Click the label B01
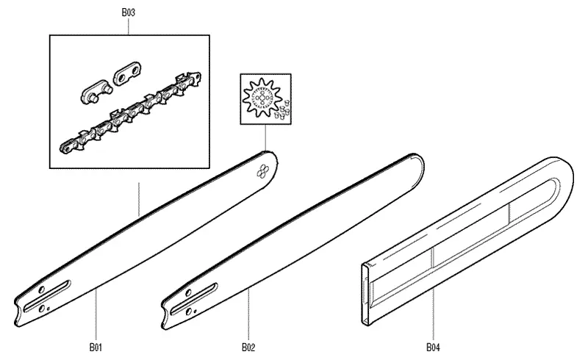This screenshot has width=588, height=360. click(96, 348)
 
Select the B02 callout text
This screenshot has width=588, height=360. click(248, 348)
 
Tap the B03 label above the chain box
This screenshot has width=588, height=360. click(128, 12)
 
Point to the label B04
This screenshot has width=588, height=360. click(433, 348)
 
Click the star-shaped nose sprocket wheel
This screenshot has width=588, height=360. click(262, 98)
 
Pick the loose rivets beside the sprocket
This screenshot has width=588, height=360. click(283, 110)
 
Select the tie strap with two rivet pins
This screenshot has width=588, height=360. click(96, 92)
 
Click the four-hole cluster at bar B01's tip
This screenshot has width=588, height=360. click(262, 171)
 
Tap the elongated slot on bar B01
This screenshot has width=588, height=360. click(47, 296)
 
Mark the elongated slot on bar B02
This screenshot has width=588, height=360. click(194, 299)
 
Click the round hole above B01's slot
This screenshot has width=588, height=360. click(42, 289)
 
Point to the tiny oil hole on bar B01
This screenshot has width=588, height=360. click(49, 309)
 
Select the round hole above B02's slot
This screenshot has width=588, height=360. click(189, 292)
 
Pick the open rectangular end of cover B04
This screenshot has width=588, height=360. click(366, 295)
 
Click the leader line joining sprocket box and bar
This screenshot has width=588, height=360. click(265, 137)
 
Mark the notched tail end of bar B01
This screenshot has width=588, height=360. click(17, 312)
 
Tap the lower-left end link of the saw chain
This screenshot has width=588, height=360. click(68, 146)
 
